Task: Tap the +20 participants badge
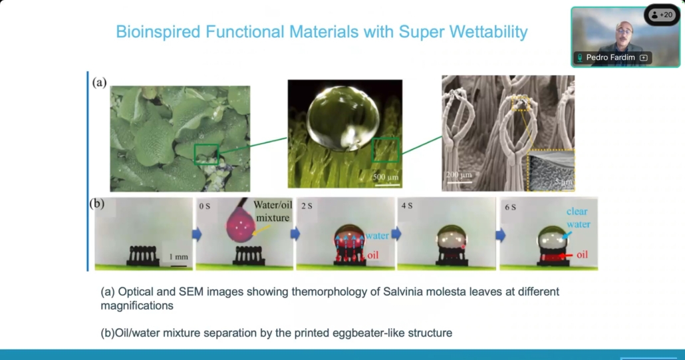tap(662, 15)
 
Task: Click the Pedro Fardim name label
tap(611, 58)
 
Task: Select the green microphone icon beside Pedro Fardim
tap(580, 58)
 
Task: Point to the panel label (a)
tap(99, 82)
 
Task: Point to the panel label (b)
tap(97, 204)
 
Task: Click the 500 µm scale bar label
tap(386, 177)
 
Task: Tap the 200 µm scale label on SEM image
tap(459, 175)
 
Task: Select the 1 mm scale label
tap(178, 256)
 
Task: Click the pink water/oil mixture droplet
tap(240, 224)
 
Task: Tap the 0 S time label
tap(204, 206)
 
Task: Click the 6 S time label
tap(510, 207)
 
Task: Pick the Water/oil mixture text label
tap(273, 211)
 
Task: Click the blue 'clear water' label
tap(578, 218)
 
